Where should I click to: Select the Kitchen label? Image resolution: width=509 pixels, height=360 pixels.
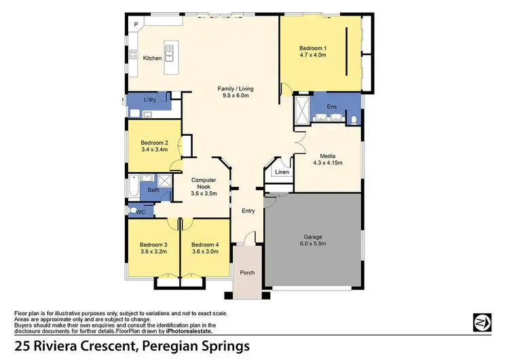tap(153, 58)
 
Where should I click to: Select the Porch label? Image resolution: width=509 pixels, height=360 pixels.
tap(247, 272)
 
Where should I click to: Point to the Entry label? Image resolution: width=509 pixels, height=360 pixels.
tap(248, 211)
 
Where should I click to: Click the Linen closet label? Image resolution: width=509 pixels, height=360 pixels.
tap(282, 173)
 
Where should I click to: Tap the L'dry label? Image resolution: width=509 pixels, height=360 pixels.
tap(150, 101)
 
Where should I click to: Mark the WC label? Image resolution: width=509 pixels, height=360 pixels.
tap(141, 212)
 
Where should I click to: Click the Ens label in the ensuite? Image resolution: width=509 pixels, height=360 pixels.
tap(331, 107)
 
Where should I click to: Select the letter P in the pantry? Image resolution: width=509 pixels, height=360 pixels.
tap(136, 25)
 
